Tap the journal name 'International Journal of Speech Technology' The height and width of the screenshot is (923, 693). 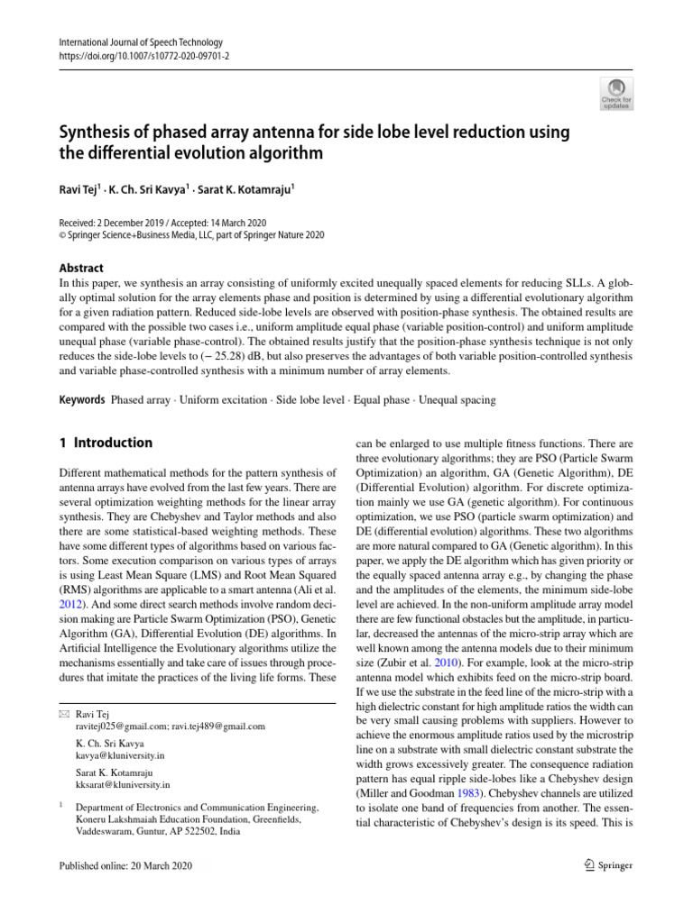(139, 42)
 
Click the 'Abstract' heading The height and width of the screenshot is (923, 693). (80, 268)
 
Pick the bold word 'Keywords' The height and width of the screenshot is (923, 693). (81, 399)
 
